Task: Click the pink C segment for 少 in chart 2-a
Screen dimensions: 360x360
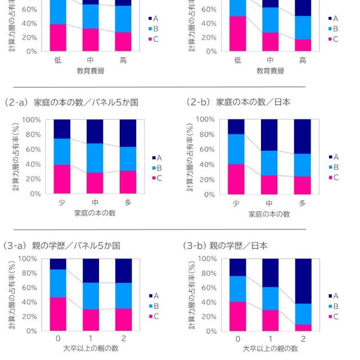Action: point(66,179)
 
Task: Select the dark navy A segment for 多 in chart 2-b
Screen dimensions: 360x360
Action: point(302,136)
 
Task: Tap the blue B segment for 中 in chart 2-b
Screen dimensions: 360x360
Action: point(269,163)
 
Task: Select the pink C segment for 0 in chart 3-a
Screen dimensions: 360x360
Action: point(58,314)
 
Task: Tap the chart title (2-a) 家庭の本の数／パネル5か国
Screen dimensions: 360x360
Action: point(71,102)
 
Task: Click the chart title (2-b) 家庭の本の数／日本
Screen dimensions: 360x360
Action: point(238,102)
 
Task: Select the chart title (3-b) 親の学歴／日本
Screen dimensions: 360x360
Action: point(225,246)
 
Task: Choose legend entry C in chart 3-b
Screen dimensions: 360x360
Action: point(332,317)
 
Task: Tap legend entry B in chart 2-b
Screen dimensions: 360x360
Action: point(332,167)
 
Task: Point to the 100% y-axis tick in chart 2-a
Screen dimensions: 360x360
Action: point(32,120)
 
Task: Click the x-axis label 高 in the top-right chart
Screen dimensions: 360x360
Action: point(303,60)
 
